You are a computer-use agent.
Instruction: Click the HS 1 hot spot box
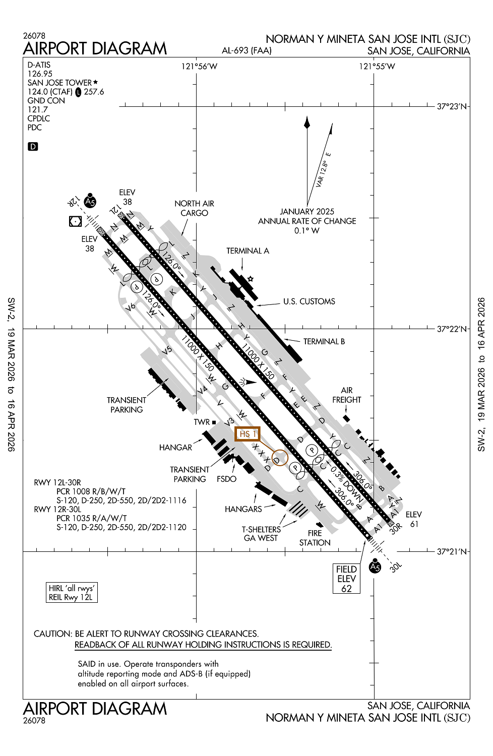(x=248, y=433)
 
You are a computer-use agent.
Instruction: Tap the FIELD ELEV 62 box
(x=346, y=579)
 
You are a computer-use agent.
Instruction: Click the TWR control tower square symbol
(x=214, y=422)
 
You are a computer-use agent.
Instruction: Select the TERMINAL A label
(x=248, y=250)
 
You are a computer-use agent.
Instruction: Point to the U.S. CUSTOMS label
(x=309, y=301)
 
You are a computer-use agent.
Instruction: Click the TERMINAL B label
(x=324, y=341)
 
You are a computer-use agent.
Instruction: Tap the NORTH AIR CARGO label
(x=194, y=208)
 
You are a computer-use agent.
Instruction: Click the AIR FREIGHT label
(x=347, y=395)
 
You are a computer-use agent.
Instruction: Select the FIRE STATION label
(x=315, y=538)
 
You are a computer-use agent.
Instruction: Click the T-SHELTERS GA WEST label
(x=261, y=534)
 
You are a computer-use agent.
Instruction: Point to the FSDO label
(x=227, y=479)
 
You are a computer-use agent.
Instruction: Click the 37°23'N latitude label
(x=452, y=106)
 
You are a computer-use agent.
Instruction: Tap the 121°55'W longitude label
(x=377, y=67)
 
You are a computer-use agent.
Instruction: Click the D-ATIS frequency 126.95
(x=40, y=74)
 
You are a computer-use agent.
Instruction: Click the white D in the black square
(x=33, y=147)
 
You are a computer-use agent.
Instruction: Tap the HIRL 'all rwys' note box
(x=71, y=593)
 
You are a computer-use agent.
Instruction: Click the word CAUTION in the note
(x=52, y=634)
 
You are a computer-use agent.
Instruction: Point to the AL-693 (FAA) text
(x=246, y=50)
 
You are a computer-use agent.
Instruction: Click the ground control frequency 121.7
(x=38, y=109)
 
